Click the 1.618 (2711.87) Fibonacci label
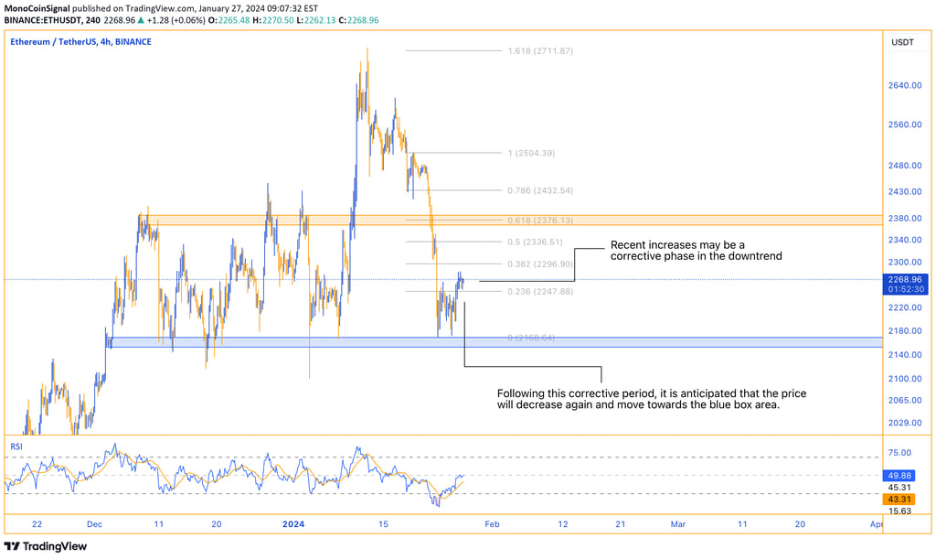(x=540, y=50)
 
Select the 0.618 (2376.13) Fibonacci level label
(x=540, y=220)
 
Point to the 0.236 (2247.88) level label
(x=540, y=291)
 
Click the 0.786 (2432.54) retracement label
(x=540, y=190)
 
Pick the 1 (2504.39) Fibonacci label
(x=531, y=153)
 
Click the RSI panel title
(x=16, y=446)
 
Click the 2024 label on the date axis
(x=294, y=524)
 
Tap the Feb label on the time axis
(x=493, y=524)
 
